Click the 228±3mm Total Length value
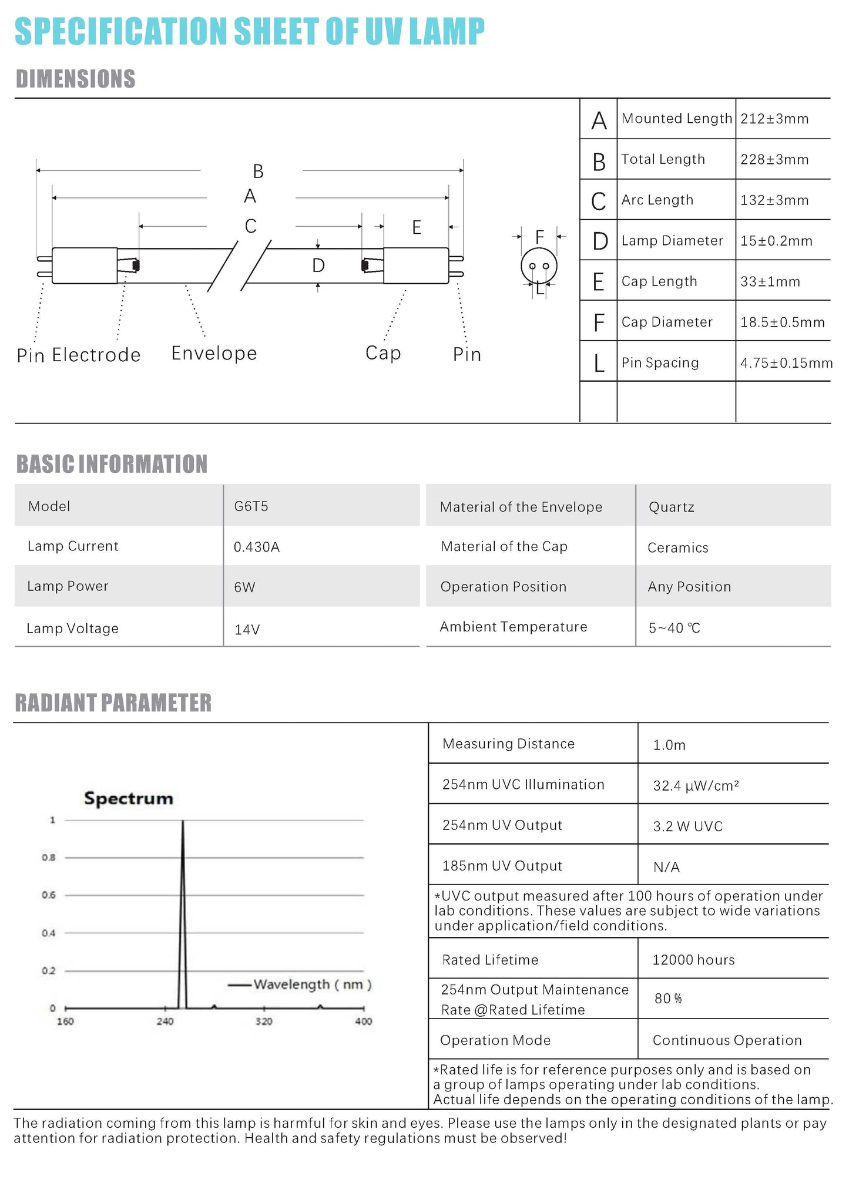tap(774, 160)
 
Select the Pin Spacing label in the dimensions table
tap(660, 363)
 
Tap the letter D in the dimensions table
tap(599, 241)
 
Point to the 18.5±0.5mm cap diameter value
tap(782, 322)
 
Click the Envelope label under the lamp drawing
tap(214, 353)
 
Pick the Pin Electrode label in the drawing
tap(79, 355)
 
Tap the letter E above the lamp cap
tap(417, 228)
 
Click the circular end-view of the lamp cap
tap(539, 266)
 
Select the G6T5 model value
tap(251, 506)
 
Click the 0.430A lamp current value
tap(257, 547)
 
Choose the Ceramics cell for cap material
tap(677, 548)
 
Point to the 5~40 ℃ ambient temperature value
tap(674, 628)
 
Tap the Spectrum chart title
tap(129, 798)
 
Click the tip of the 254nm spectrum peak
tap(183, 822)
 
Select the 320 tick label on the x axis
tap(264, 1021)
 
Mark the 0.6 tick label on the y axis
tap(48, 895)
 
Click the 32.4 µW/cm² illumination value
tap(696, 786)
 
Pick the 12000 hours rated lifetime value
tap(693, 960)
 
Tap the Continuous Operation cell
tap(727, 1040)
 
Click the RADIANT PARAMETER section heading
tap(113, 703)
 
